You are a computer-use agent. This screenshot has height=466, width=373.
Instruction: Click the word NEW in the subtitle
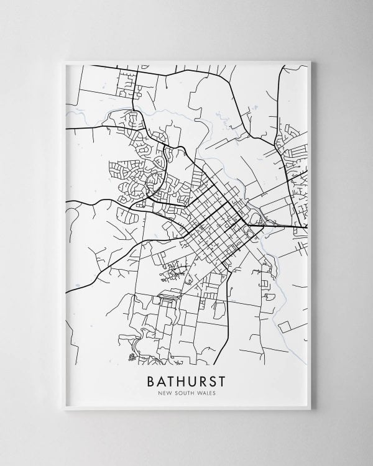click(165, 393)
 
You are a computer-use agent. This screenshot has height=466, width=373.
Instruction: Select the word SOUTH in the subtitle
click(185, 393)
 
